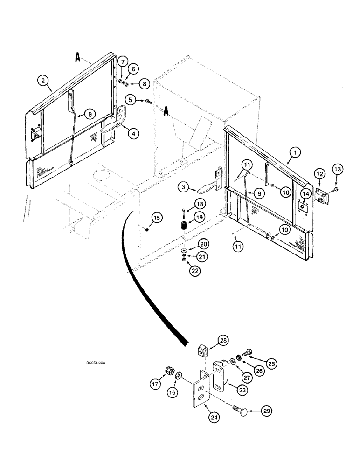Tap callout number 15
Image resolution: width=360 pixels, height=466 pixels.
156,218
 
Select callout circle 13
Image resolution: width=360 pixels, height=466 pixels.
337,169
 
